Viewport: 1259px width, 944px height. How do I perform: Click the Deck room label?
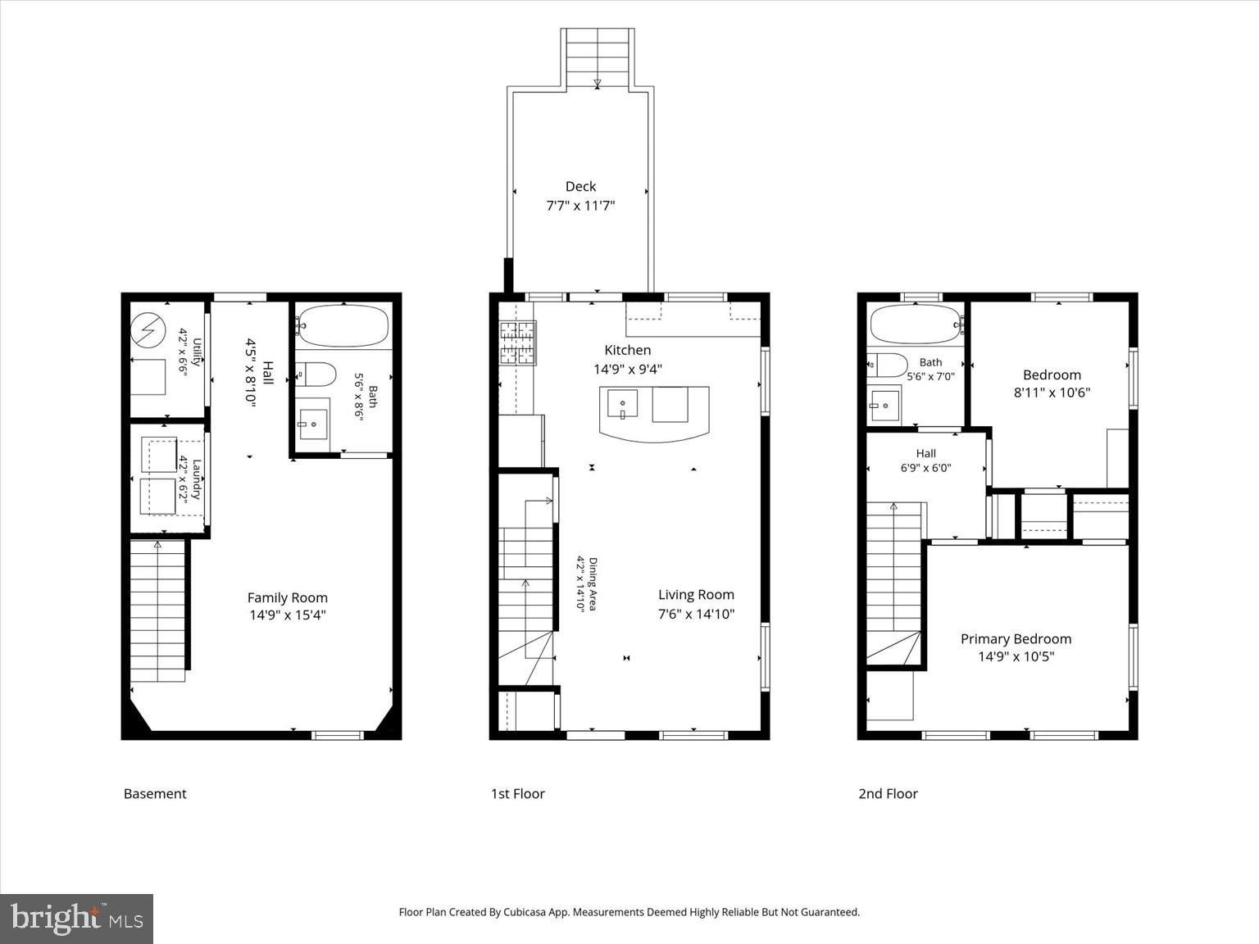pyautogui.click(x=580, y=186)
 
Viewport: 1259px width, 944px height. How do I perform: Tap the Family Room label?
pyautogui.click(x=288, y=598)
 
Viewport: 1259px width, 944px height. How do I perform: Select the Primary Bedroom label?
pyautogui.click(x=1016, y=639)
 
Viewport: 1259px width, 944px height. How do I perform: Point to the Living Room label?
pyautogui.click(x=696, y=595)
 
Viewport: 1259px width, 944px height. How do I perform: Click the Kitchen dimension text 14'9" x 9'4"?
pyautogui.click(x=628, y=369)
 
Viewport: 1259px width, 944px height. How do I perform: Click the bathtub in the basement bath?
pyautogui.click(x=343, y=325)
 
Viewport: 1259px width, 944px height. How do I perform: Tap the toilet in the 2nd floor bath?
pyautogui.click(x=887, y=365)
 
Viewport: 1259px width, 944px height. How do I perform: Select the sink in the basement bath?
pyautogui.click(x=313, y=424)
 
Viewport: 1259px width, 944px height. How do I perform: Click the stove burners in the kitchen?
pyautogui.click(x=517, y=343)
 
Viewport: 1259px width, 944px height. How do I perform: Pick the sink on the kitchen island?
pyautogui.click(x=622, y=403)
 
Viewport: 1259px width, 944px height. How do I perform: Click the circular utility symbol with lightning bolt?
pyautogui.click(x=148, y=330)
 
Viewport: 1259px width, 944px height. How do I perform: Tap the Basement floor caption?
pyautogui.click(x=155, y=794)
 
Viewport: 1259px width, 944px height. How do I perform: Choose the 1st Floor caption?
pyautogui.click(x=517, y=794)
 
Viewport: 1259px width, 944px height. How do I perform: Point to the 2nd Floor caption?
pyautogui.click(x=888, y=794)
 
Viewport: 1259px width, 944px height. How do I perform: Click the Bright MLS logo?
pyautogui.click(x=76, y=919)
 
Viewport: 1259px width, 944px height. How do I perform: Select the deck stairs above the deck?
pyautogui.click(x=597, y=58)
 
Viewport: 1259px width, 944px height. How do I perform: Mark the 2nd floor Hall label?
pyautogui.click(x=925, y=453)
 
